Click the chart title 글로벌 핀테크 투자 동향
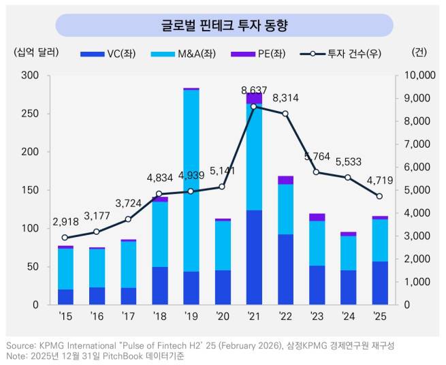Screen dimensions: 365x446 (224, 26)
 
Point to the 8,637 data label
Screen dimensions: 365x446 (254, 90)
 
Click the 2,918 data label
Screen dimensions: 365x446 (65, 222)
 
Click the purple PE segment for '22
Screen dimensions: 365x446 (285, 180)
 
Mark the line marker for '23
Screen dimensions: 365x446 (317, 172)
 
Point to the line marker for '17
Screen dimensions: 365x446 (128, 219)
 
